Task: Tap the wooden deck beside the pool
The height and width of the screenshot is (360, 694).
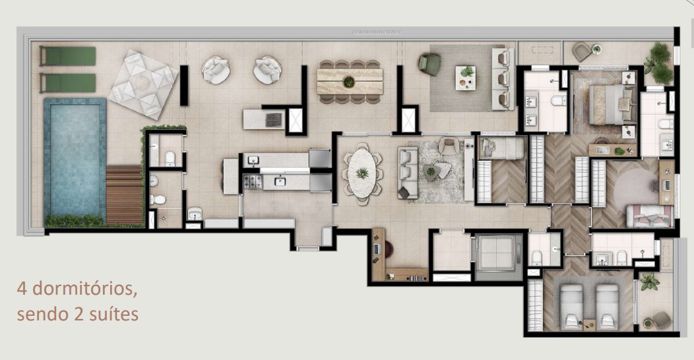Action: tap(125, 195)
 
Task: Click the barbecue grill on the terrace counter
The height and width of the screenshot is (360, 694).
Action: tap(273, 119)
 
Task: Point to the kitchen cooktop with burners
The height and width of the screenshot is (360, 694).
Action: tap(252, 181)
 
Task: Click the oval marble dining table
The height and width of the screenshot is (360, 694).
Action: tap(362, 172)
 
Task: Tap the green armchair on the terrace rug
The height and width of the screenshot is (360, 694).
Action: tap(429, 65)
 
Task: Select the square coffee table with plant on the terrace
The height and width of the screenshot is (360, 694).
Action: tap(467, 77)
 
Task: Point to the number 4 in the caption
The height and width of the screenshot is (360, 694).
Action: tap(22, 289)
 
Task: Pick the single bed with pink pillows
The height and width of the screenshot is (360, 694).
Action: tap(649, 216)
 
